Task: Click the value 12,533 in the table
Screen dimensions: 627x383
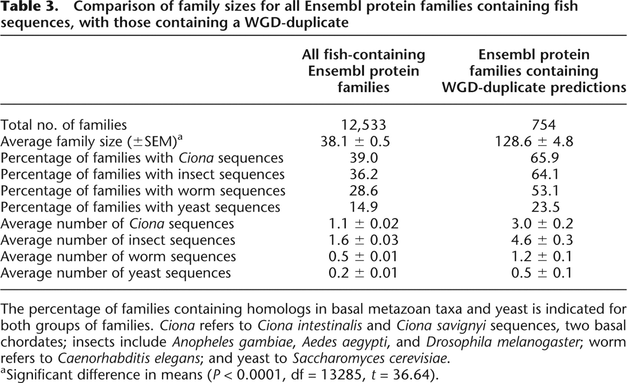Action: coord(363,125)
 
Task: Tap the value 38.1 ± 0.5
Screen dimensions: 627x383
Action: coord(355,141)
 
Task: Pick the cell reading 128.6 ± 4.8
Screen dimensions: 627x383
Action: coord(534,141)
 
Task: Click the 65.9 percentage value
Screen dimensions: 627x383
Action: coord(544,158)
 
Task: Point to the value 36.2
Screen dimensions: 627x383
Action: coord(364,174)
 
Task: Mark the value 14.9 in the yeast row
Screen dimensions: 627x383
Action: coord(364,207)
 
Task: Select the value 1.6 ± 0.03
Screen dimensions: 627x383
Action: coord(363,240)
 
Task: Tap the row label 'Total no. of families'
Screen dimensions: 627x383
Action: coord(63,125)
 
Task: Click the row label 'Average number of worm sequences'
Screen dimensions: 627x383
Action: coord(118,257)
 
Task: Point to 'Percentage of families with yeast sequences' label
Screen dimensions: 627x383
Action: coord(140,207)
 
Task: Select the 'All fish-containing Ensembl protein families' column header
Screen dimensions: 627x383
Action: coord(363,71)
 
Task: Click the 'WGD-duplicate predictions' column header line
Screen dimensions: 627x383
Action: coord(534,87)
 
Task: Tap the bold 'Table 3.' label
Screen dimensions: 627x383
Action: coord(29,6)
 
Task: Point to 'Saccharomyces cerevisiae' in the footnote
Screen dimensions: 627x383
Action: coord(369,359)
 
